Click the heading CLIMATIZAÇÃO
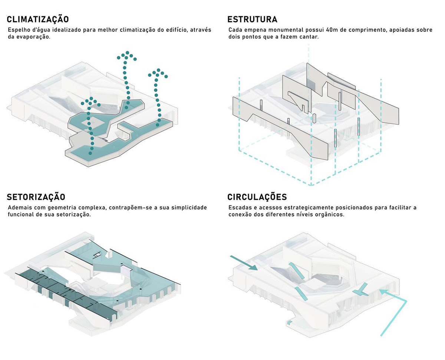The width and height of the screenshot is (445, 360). pos(38,19)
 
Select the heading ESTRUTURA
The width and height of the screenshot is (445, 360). pos(253,19)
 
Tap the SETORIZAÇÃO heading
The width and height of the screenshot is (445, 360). pos(36,197)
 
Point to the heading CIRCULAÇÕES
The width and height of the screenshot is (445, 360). pos(257,197)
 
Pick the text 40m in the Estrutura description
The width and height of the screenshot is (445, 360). pos(331,30)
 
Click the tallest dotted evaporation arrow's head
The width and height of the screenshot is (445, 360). pos(126,56)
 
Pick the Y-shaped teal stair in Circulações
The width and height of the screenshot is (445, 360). pos(361,291)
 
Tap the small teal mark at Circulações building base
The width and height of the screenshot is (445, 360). pos(289,323)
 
